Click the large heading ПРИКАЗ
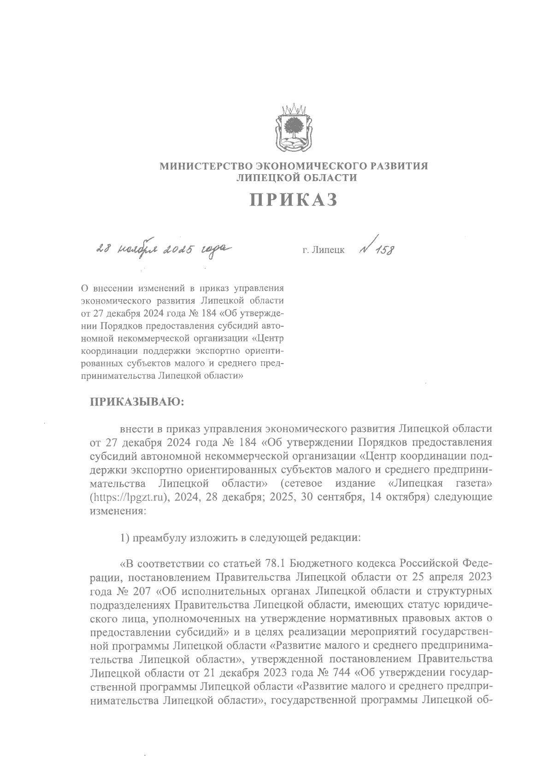point(294,200)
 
